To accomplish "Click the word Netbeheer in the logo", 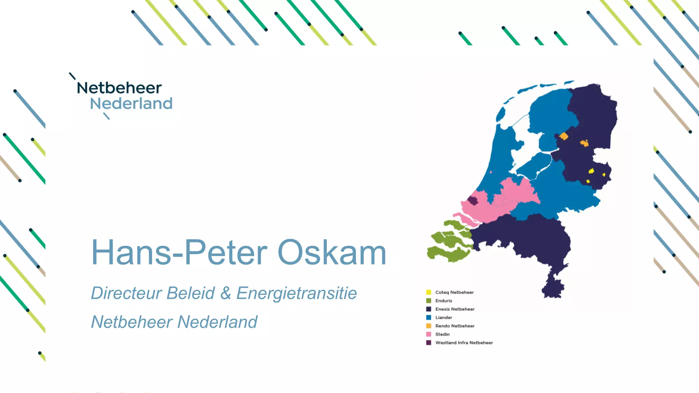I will click(x=119, y=88).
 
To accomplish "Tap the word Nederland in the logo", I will click(x=131, y=104).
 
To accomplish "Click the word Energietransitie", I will click(x=296, y=293).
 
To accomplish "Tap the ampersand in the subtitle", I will click(x=226, y=293).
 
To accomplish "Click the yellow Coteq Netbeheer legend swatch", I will click(x=429, y=292).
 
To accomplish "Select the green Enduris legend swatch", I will click(x=429, y=301).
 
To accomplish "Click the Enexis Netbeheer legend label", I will click(x=455, y=309).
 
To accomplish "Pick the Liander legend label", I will click(x=443, y=318).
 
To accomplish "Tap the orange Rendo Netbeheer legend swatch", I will click(x=429, y=326).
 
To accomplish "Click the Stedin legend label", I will click(x=442, y=334).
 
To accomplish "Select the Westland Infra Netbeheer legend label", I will click(x=464, y=343).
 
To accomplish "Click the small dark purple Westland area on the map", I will click(x=473, y=201).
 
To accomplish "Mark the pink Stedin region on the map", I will click(x=512, y=198).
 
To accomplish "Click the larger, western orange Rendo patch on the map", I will click(x=564, y=136).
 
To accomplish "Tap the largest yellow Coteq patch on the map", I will click(x=591, y=171).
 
